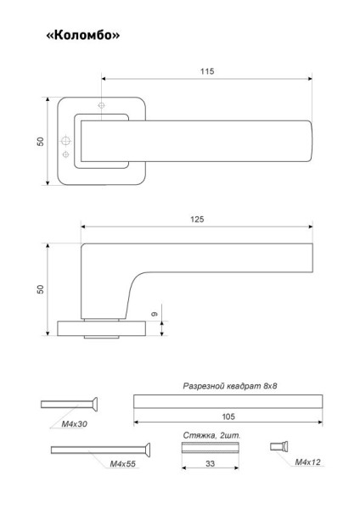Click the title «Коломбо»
83,35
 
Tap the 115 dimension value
207,71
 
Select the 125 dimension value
197,220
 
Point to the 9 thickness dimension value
155,314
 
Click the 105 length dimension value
228,417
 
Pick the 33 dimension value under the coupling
210,463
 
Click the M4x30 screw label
75,424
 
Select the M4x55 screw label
122,464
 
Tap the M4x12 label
307,462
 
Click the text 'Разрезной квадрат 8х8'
230,386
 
